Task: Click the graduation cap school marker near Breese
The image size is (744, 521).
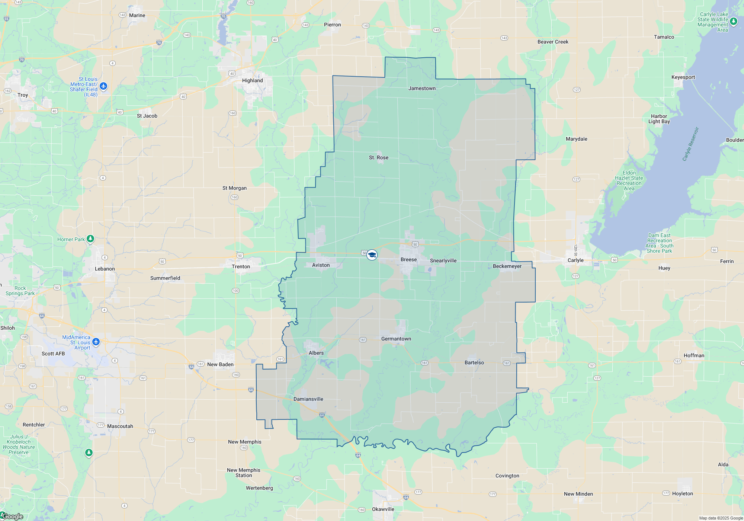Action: click(372, 255)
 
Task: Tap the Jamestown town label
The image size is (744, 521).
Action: click(422, 88)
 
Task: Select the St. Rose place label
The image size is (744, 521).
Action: click(378, 157)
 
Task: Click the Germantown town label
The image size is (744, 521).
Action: click(396, 339)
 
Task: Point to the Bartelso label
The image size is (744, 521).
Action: click(474, 362)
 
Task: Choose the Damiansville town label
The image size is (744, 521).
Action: click(308, 399)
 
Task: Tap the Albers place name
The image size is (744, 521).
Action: click(316, 353)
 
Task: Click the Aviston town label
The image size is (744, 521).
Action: click(321, 265)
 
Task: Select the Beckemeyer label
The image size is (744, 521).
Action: click(507, 266)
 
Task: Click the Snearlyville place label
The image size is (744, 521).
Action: click(443, 260)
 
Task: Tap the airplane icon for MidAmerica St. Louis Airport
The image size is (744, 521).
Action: click(96, 342)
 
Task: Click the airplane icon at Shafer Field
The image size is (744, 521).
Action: click(103, 86)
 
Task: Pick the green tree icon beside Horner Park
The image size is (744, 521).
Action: click(90, 239)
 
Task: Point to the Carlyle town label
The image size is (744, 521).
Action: click(575, 260)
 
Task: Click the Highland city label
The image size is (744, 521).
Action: click(252, 80)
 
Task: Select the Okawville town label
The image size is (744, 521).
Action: click(383, 509)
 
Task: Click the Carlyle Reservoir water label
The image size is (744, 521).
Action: click(690, 144)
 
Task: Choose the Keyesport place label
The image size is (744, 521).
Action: click(683, 77)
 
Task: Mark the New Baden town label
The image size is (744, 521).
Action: click(220, 364)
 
